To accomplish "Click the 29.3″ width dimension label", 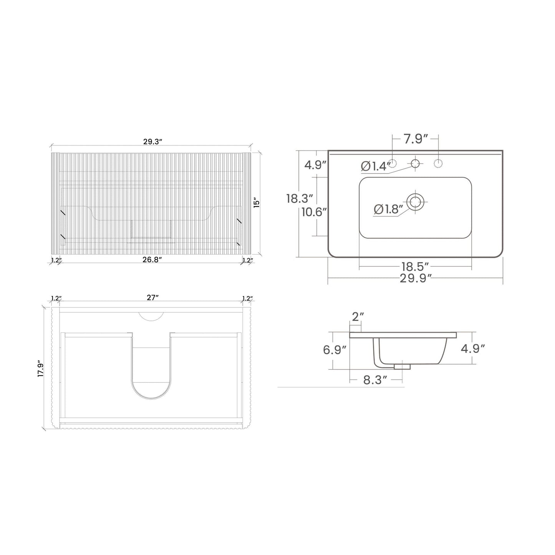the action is coord(153,142).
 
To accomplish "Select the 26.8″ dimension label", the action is coord(152,260).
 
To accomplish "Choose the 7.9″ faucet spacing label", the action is coord(415,139).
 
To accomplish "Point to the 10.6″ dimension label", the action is coord(314,212).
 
